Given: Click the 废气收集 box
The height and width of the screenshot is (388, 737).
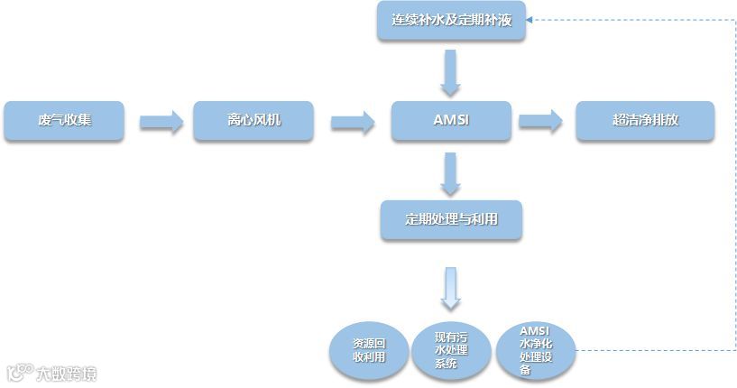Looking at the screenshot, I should click(64, 121).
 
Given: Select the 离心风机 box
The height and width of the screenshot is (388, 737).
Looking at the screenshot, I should click(253, 121).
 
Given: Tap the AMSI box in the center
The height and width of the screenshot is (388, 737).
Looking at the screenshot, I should click(451, 121).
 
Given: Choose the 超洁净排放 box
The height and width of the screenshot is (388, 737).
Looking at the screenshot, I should click(645, 121).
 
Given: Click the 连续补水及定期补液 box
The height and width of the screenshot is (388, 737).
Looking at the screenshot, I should click(451, 21).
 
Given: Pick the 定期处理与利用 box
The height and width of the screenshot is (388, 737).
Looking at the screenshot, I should click(451, 219).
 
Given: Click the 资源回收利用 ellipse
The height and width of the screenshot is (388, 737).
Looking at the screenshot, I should click(369, 351).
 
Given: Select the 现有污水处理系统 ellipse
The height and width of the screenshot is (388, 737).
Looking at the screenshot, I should click(452, 351).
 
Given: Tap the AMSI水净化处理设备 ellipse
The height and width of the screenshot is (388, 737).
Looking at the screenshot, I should click(536, 351).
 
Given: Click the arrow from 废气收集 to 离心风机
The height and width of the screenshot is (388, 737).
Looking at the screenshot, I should click(161, 122).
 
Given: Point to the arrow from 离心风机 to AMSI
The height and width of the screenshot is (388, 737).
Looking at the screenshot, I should click(352, 122).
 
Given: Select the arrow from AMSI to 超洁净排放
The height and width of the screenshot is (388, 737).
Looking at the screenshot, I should click(540, 122).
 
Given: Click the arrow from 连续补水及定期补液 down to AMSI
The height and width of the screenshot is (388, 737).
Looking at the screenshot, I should click(451, 72).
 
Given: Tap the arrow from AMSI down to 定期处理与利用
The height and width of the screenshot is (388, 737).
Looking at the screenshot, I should click(451, 173).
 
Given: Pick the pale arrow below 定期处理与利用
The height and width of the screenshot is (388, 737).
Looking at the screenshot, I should click(451, 288).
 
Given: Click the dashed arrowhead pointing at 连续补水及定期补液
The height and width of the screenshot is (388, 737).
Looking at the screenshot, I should click(532, 19).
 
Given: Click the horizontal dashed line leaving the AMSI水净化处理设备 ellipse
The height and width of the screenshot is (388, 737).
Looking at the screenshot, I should click(649, 349).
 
